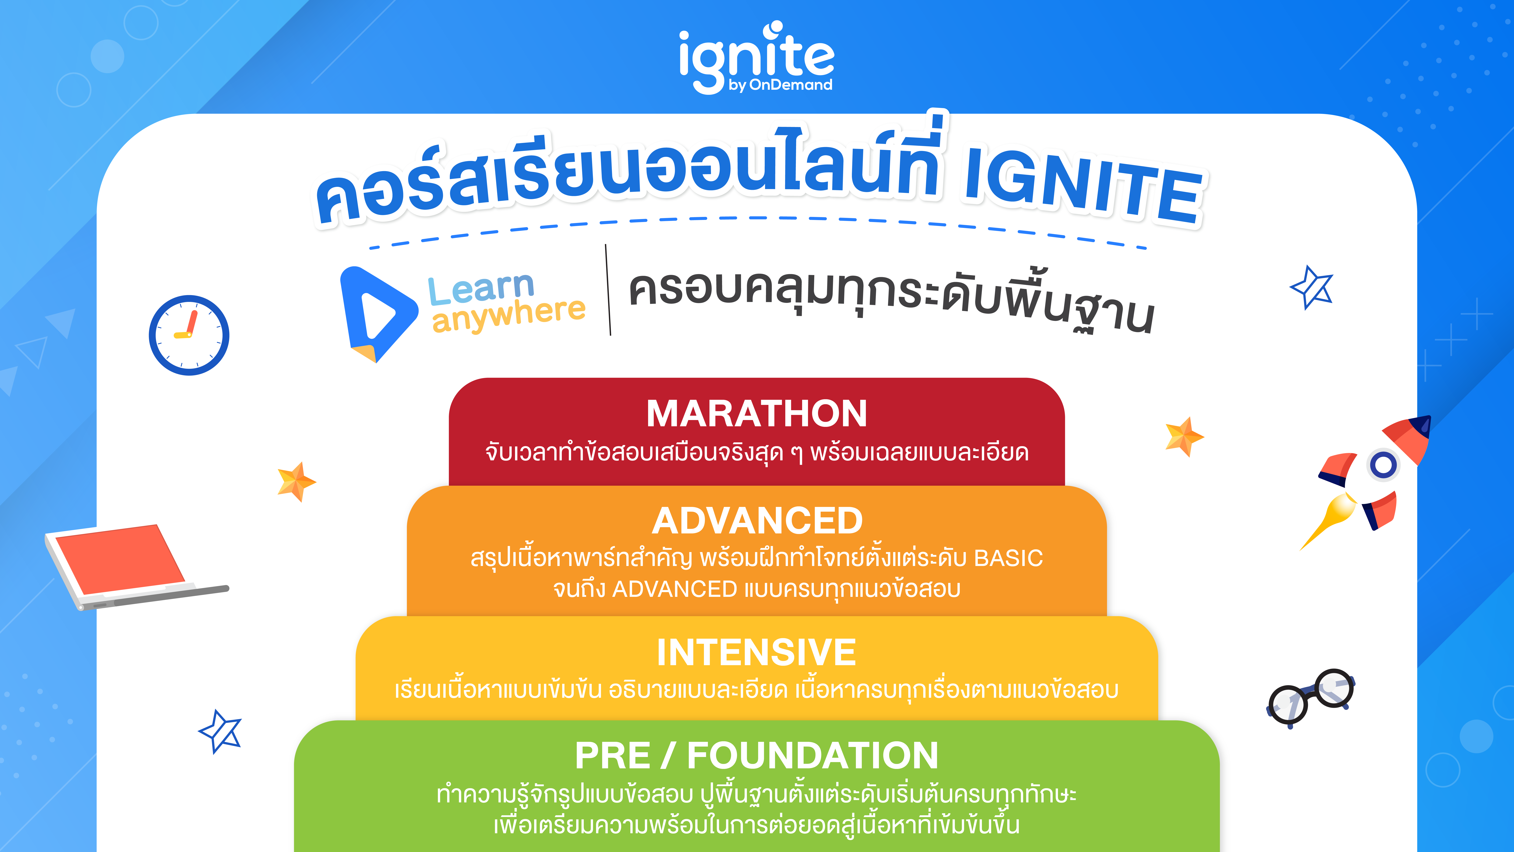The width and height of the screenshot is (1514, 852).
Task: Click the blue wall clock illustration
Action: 189,335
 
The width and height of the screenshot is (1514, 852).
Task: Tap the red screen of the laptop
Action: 121,559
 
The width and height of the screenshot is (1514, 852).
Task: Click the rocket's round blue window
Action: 1383,465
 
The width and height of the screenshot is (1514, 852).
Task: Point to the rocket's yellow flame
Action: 1331,518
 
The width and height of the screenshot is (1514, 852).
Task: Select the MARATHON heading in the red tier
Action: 756,413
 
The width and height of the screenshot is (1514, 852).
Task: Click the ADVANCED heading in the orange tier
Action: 757,521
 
